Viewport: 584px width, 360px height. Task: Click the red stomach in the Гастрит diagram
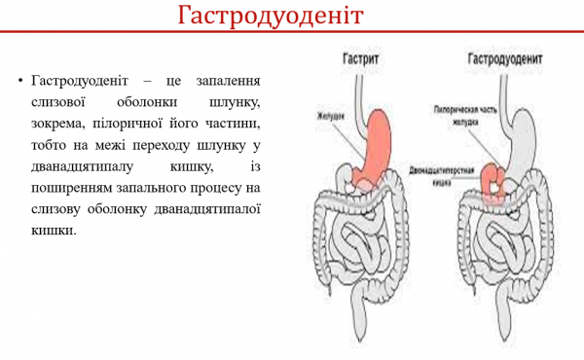pos(375,146)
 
